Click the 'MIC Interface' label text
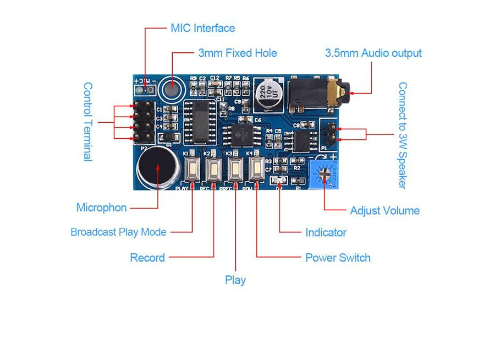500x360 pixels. click(x=202, y=28)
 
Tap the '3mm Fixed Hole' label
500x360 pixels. click(x=237, y=53)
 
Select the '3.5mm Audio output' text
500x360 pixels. click(x=373, y=53)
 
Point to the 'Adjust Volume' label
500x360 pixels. click(x=384, y=210)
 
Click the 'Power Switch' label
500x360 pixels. click(x=338, y=258)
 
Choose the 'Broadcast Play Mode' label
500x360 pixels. click(x=118, y=232)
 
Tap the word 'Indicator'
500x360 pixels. click(x=326, y=232)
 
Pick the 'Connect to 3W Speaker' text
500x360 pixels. click(x=403, y=135)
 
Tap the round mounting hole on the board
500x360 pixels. click(x=173, y=88)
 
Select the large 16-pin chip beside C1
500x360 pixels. click(x=199, y=121)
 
